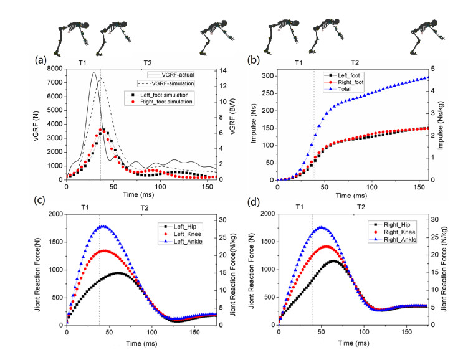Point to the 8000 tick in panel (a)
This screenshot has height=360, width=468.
(54, 69)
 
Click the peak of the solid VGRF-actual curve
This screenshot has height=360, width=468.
(94, 73)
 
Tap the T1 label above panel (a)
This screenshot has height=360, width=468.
(82, 63)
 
